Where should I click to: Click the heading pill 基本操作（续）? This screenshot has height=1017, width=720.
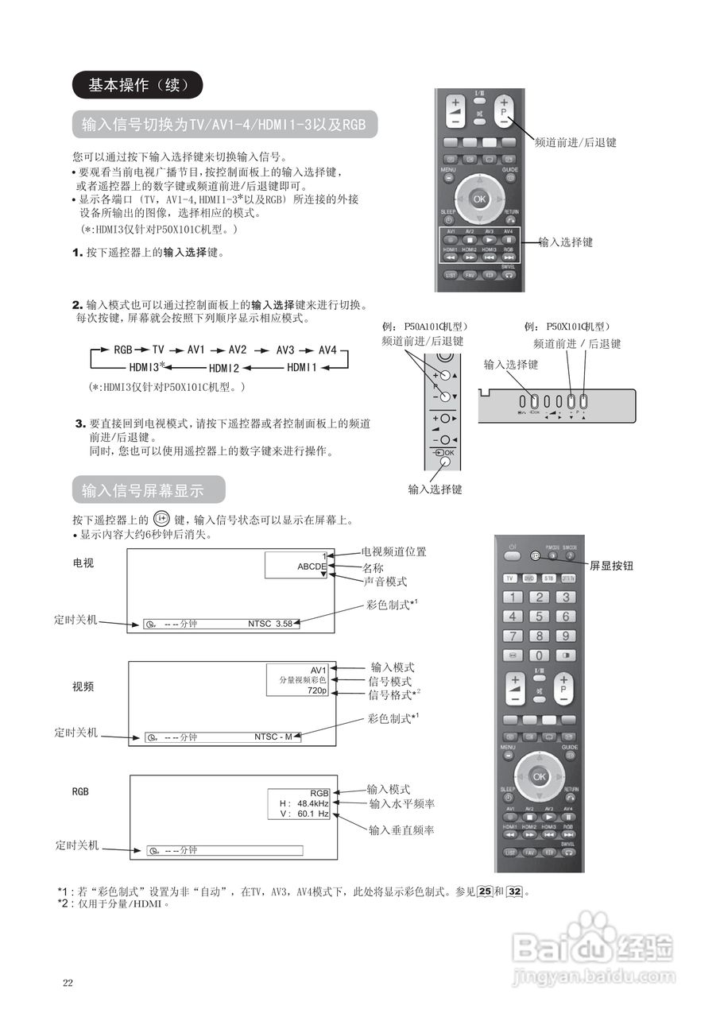(137, 85)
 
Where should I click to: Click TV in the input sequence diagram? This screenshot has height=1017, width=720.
(158, 350)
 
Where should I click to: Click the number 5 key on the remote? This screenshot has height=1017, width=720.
(540, 616)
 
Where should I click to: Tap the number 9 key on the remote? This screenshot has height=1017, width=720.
(565, 636)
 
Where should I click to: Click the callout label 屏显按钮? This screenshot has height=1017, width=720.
(612, 567)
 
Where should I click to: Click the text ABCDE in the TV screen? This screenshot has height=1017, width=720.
(312, 567)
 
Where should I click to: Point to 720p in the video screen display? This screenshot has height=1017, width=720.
(317, 691)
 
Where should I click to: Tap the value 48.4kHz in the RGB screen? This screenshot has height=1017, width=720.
(313, 803)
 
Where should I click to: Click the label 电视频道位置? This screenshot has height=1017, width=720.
(393, 551)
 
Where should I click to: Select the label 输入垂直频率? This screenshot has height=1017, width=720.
(401, 829)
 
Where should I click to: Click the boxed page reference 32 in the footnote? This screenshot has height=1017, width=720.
(515, 891)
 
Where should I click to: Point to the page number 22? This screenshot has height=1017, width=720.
(68, 983)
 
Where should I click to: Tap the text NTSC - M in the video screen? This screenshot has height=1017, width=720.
(273, 737)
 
